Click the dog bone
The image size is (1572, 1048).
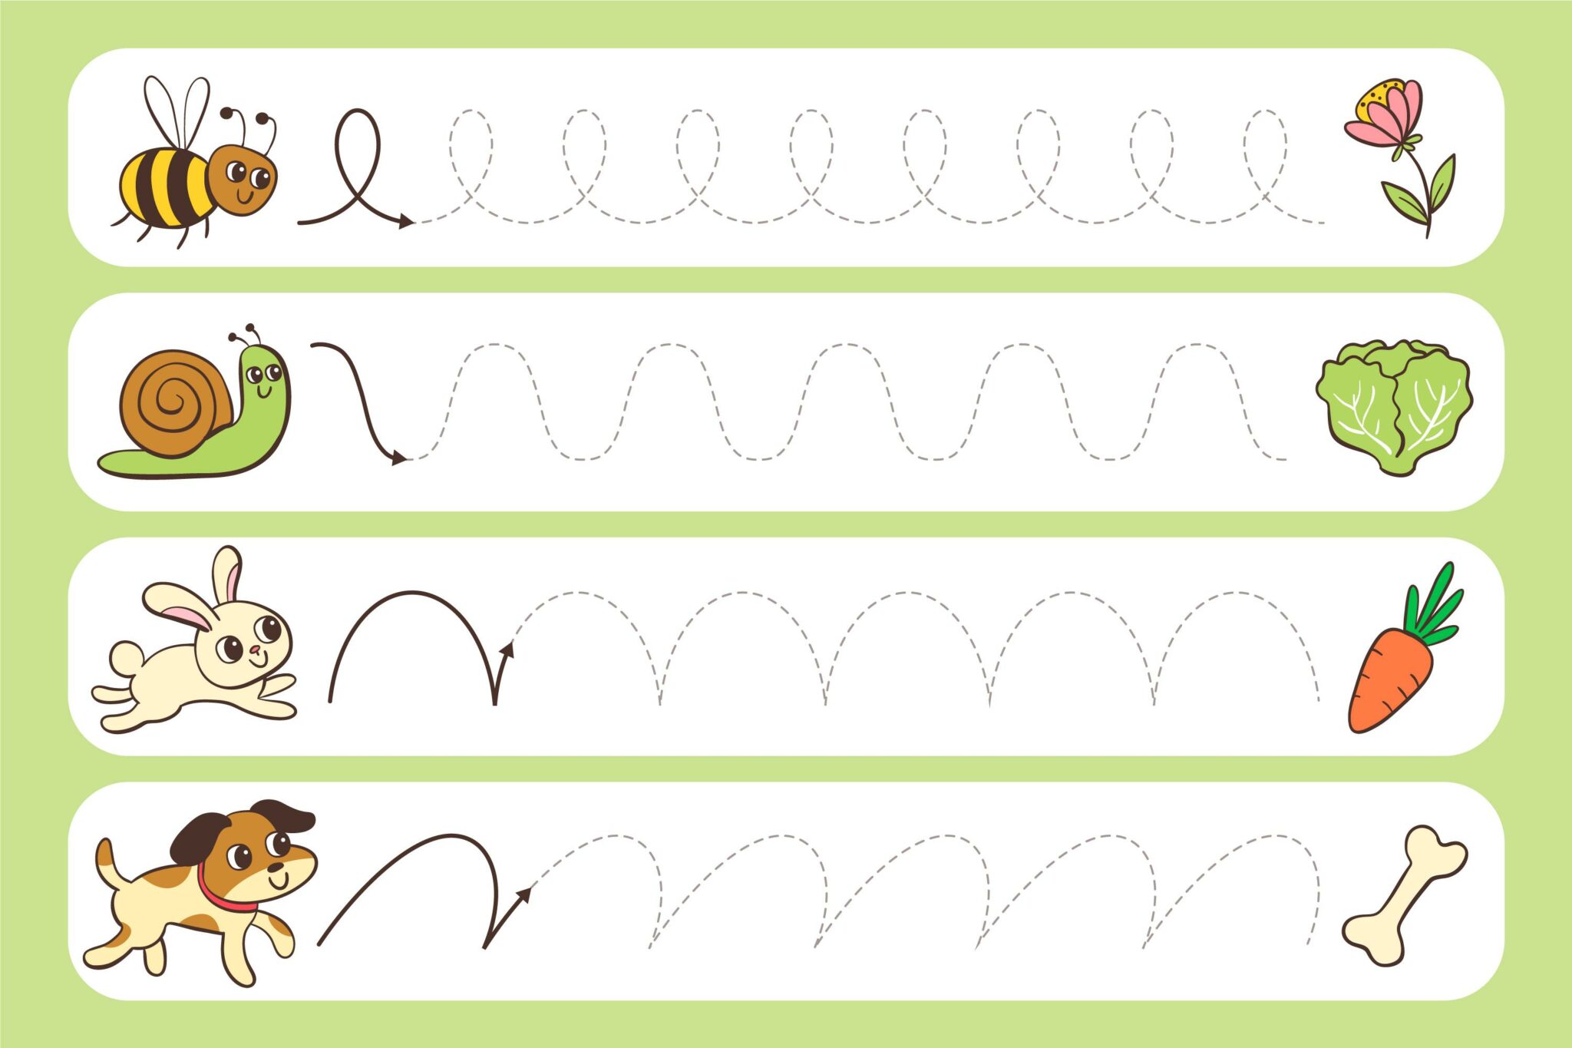click(x=1404, y=894)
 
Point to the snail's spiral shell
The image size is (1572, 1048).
click(x=175, y=402)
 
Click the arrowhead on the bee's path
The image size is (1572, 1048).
click(x=405, y=221)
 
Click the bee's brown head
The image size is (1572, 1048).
click(x=243, y=178)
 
